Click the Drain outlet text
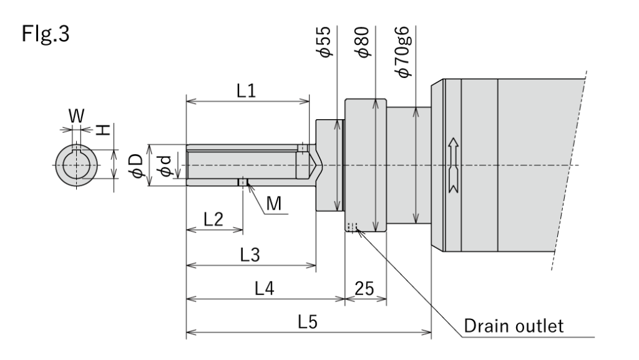[x=515, y=324]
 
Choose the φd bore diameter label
[x=163, y=165]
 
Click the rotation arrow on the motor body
[x=452, y=165]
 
